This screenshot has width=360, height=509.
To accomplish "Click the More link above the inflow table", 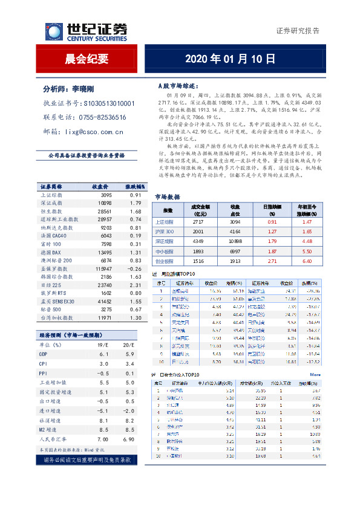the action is click(x=316, y=375).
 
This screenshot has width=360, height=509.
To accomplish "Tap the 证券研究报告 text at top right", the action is click(x=298, y=31).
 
